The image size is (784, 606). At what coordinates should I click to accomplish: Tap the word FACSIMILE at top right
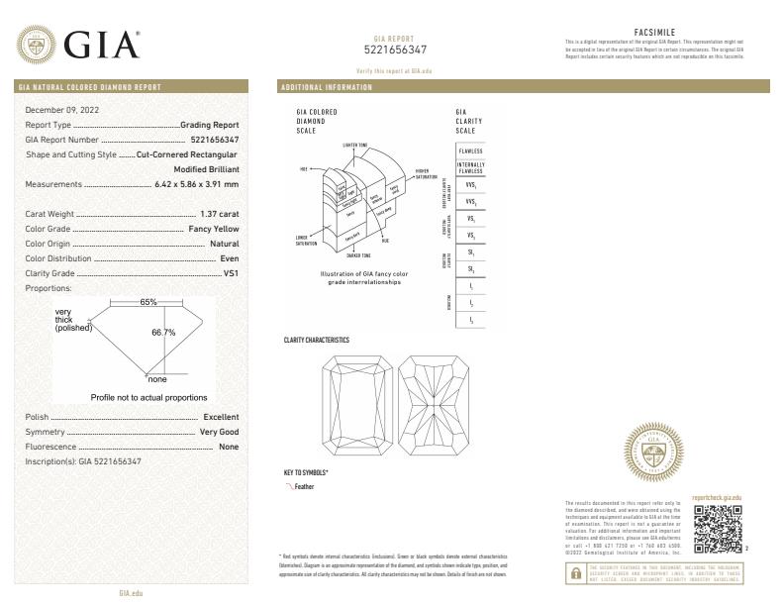[x=653, y=32]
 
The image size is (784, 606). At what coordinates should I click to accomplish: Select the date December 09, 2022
[x=62, y=109]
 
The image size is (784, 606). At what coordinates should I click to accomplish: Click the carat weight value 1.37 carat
[x=219, y=214]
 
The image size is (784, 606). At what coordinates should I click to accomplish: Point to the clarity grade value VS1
[x=231, y=272]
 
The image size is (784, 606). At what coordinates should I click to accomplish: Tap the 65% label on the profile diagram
[x=148, y=301]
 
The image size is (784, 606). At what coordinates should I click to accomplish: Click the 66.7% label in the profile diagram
[x=162, y=333]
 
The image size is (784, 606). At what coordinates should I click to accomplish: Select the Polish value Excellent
[x=220, y=417]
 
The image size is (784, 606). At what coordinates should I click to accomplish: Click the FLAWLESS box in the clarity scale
[x=471, y=150]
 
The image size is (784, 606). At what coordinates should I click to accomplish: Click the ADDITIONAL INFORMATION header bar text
[x=328, y=88]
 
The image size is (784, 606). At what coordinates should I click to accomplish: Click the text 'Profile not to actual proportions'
[x=148, y=397]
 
